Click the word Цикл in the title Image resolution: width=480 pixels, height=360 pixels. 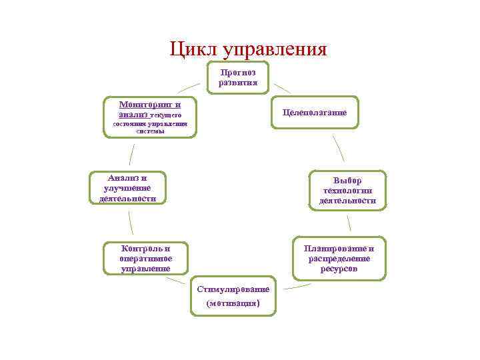(x=194, y=49)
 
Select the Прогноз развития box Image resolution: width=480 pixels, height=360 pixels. (x=238, y=78)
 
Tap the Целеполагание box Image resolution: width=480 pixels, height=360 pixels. (x=314, y=113)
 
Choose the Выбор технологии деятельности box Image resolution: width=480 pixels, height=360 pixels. (x=347, y=191)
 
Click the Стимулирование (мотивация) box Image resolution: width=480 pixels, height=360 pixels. (x=233, y=295)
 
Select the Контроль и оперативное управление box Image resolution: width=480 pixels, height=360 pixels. (x=145, y=258)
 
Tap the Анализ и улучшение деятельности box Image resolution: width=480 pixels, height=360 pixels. (x=127, y=188)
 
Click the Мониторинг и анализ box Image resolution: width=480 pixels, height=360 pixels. (x=150, y=117)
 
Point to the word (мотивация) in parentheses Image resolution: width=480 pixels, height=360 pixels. (x=233, y=303)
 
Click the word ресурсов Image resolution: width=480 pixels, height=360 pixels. (x=339, y=269)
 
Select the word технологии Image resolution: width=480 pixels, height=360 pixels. (x=347, y=191)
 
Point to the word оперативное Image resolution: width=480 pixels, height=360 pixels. (x=145, y=259)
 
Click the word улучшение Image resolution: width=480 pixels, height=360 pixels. (x=127, y=188)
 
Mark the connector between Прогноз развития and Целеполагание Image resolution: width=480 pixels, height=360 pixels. (x=282, y=87)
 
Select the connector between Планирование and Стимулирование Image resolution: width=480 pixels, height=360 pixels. (x=297, y=286)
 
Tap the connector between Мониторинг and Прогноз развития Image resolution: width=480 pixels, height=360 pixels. (x=188, y=87)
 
